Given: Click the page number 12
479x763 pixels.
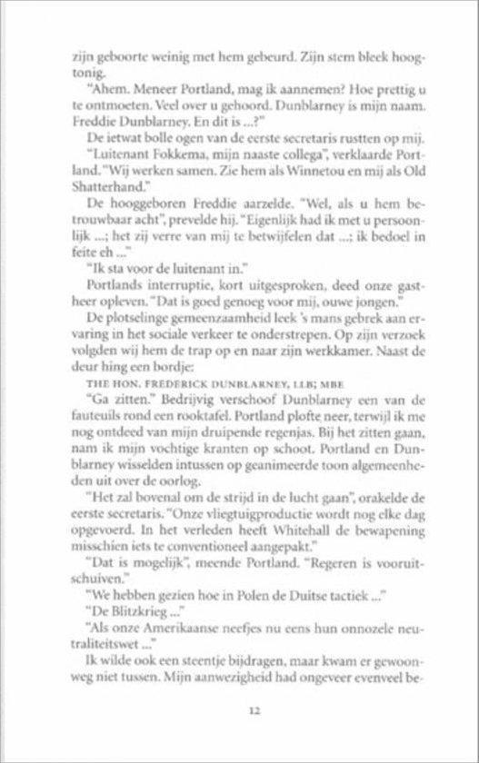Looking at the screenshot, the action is [x=240, y=711].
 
